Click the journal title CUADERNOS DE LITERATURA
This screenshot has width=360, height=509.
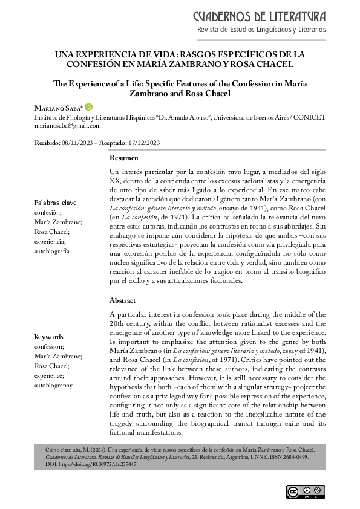[259, 15]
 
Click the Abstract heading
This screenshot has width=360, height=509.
[123, 300]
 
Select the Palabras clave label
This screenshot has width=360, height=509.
[55, 203]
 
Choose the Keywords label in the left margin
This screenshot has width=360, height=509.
[50, 337]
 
